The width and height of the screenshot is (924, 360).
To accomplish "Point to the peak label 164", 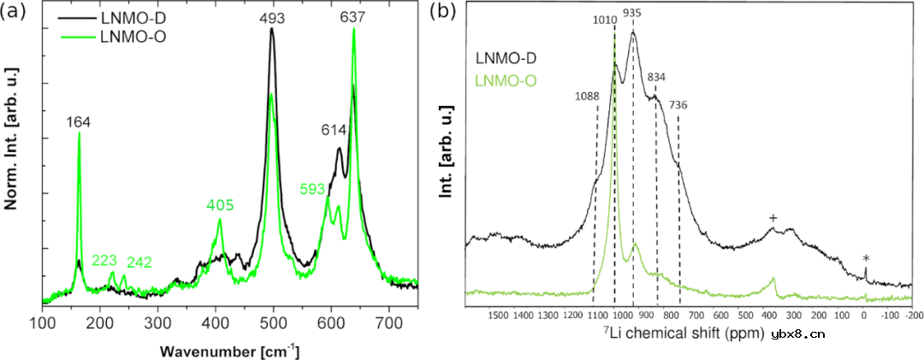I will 80,123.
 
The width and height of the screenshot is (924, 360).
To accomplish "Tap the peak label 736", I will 678,104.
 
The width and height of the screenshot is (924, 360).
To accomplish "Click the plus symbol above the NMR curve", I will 773,218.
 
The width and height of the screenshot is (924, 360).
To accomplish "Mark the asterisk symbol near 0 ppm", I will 866,258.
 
